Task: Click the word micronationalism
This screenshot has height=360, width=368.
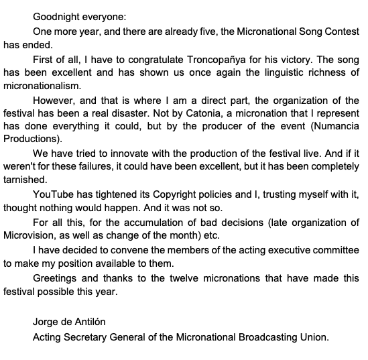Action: click(x=47, y=85)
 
